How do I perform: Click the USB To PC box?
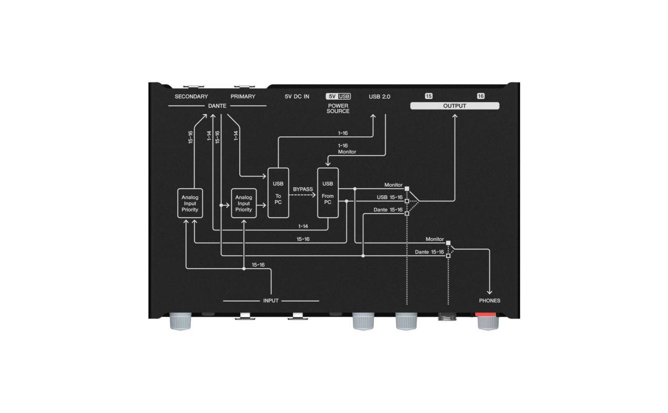pos(278,193)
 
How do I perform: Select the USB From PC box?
pos(328,193)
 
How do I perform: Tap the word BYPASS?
pos(302,189)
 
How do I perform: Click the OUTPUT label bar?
pos(454,106)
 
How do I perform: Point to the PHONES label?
pos(490,300)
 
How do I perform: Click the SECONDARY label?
pos(191,97)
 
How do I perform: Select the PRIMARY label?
pos(243,97)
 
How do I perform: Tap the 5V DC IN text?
pos(297,97)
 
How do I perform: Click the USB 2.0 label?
pos(379,97)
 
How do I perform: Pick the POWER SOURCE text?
pos(338,108)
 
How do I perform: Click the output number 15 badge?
pos(429,96)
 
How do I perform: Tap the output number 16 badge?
pos(480,96)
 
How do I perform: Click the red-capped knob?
pos(488,321)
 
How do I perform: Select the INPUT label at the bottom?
pos(271,300)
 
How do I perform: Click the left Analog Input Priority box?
pos(190,204)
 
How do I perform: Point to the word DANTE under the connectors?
pos(217,106)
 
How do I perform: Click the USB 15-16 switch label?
pos(389,197)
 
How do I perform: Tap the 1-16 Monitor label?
pos(347,149)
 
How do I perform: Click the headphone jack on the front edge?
pos(447,317)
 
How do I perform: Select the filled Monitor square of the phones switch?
pos(448,243)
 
